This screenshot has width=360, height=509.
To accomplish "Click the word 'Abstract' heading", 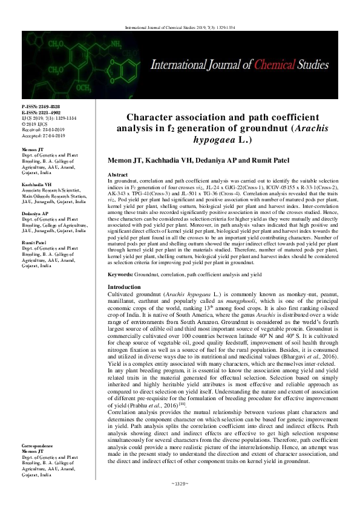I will pos(118,173).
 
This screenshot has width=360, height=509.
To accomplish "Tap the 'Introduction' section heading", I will pos(125,287).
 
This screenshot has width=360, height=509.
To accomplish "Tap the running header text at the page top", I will pos(180,28).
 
